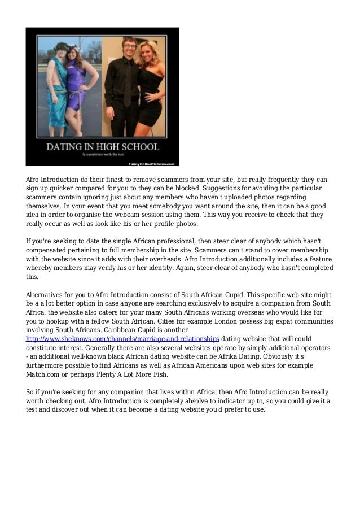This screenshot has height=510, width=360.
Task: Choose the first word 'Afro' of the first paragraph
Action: click(x=34, y=180)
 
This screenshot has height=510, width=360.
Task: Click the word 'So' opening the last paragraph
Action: click(x=30, y=392)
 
